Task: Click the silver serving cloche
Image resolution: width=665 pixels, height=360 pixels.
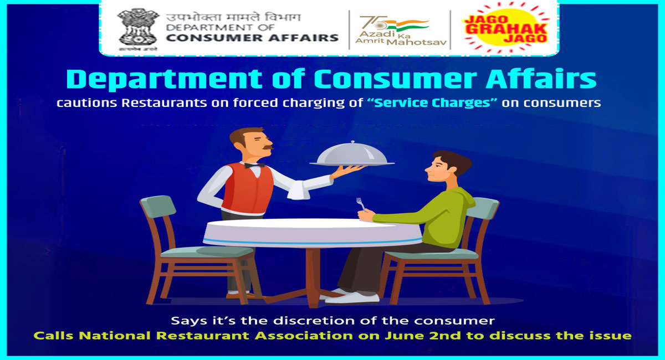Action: pyautogui.click(x=352, y=153)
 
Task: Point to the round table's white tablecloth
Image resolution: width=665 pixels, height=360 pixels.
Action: pyautogui.click(x=310, y=233)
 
